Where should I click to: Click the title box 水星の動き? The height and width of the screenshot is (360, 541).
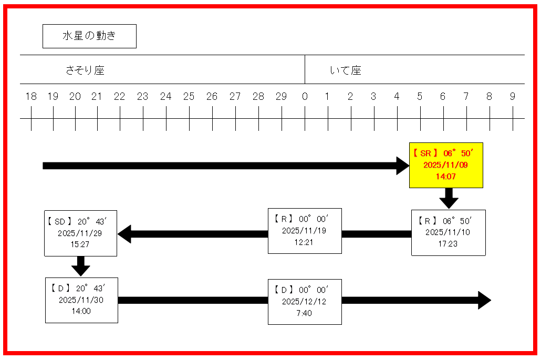tap(89, 36)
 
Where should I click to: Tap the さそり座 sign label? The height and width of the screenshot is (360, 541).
tap(85, 70)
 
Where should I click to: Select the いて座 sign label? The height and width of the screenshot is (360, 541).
tap(346, 70)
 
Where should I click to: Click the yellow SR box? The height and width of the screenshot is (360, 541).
tap(446, 165)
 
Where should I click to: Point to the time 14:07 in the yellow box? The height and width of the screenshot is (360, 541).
tap(446, 177)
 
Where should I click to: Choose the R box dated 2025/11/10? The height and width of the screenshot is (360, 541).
tap(448, 232)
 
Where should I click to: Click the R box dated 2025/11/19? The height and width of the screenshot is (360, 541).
tap(305, 231)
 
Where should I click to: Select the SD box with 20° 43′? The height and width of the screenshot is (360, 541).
tap(80, 233)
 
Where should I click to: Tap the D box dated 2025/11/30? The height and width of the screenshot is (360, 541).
tap(81, 300)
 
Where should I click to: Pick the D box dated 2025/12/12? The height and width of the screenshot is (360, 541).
tap(305, 301)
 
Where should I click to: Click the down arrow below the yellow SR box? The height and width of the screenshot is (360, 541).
tap(449, 199)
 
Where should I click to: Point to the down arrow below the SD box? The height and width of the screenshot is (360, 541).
tap(80, 266)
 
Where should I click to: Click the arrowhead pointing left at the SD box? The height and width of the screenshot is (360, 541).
tap(124, 234)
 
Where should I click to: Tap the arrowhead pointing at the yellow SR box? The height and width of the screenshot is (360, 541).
tap(402, 166)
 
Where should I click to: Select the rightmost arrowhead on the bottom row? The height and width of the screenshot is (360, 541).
tap(483, 301)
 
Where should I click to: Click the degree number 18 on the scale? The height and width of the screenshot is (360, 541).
tap(31, 97)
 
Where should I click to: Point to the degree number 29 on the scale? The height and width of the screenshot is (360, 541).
tap(282, 97)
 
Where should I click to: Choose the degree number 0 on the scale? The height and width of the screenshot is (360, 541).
tap(305, 97)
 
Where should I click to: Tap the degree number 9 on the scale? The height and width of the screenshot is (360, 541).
tap(513, 97)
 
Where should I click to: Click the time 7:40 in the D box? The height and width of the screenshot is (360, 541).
tap(305, 314)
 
